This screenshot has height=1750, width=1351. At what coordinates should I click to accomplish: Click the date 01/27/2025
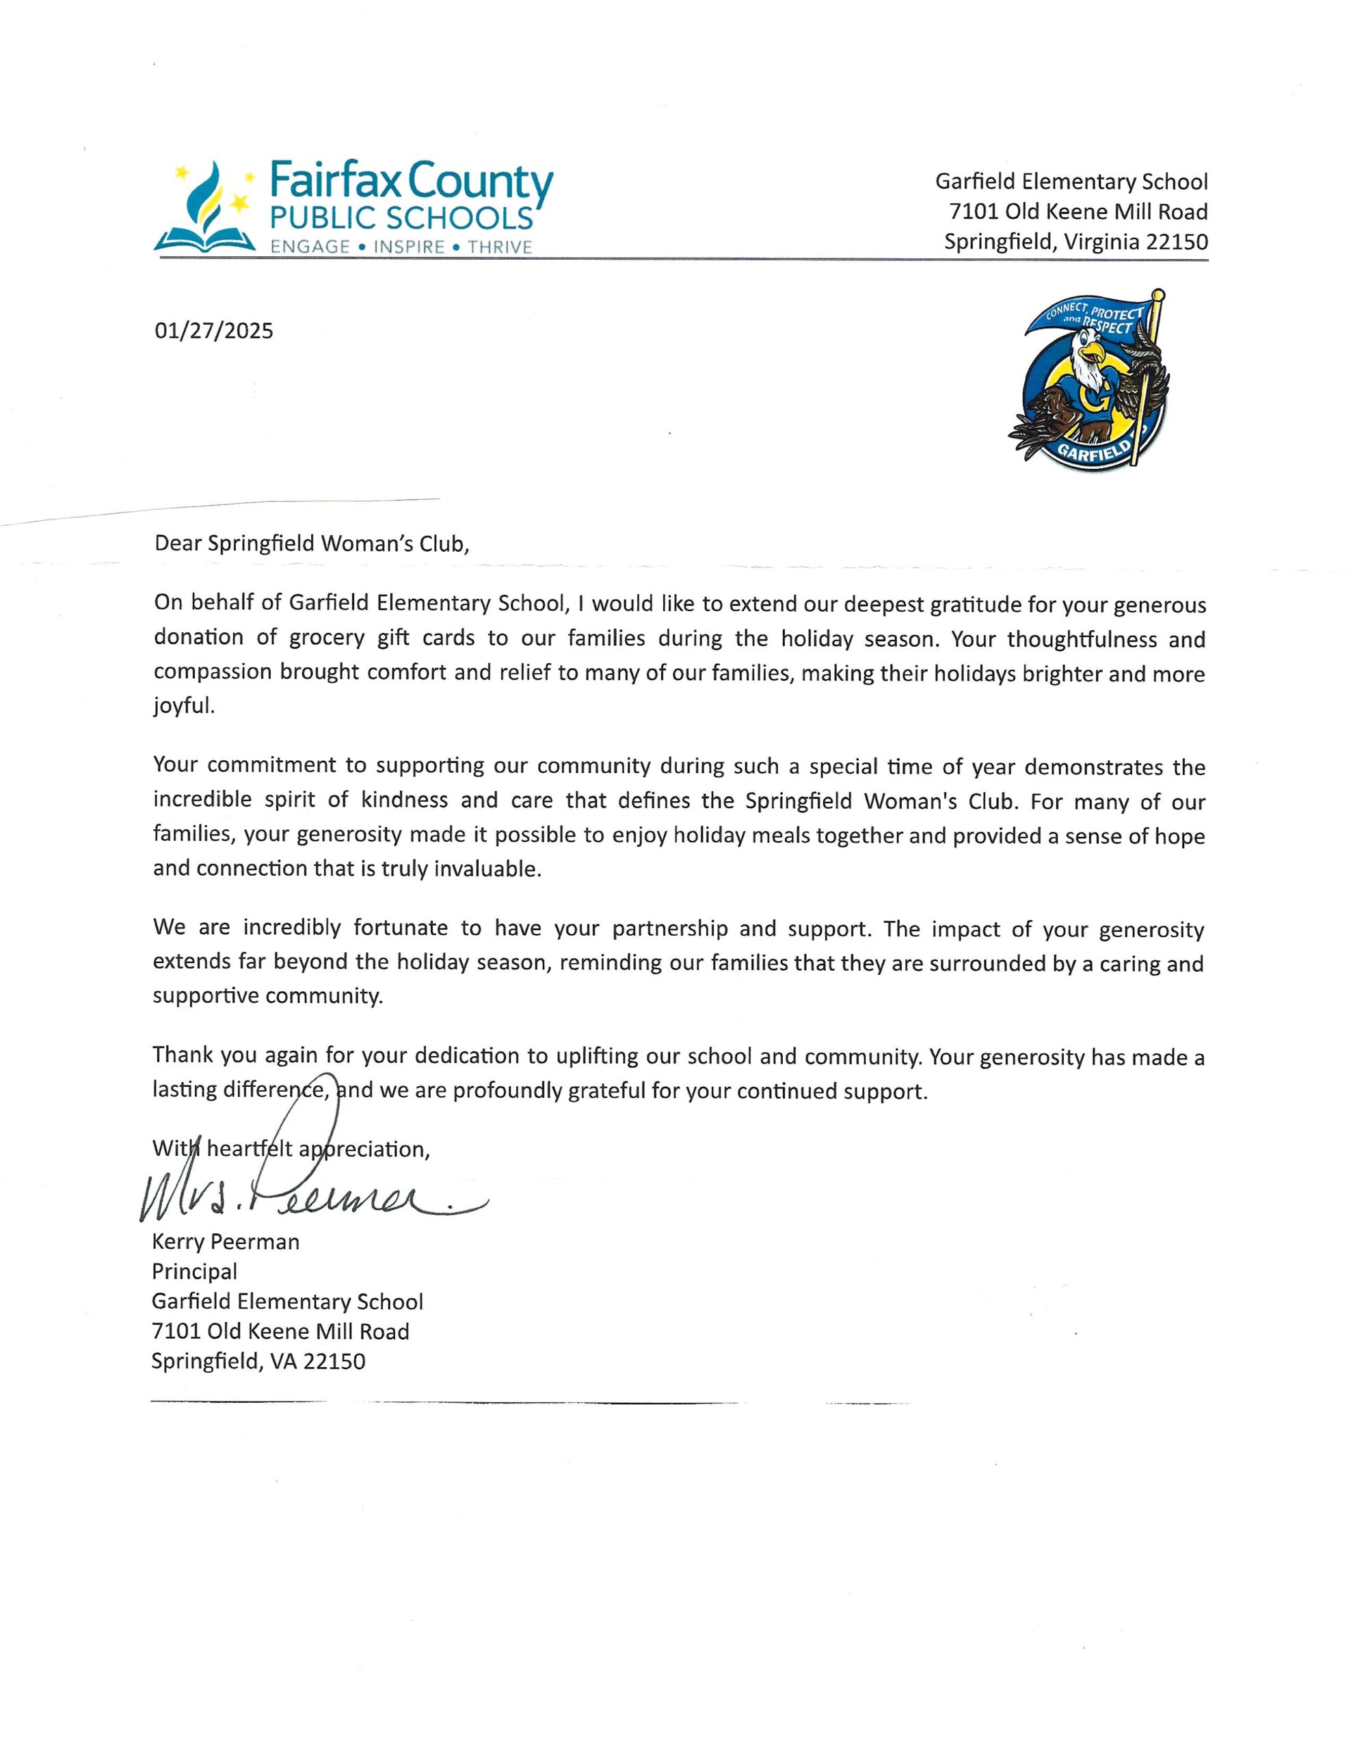pos(213,330)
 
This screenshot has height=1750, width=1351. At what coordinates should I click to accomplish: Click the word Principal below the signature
pos(195,1271)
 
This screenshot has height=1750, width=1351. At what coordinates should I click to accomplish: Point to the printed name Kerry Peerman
pos(225,1241)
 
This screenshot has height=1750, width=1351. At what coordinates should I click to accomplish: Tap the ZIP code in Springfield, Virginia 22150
pos(1177,241)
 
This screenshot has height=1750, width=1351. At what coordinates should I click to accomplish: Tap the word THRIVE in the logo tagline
pos(500,247)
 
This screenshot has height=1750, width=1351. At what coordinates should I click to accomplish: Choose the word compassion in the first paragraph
pos(211,671)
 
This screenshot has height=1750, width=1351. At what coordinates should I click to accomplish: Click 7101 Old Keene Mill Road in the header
pos(1078,211)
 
